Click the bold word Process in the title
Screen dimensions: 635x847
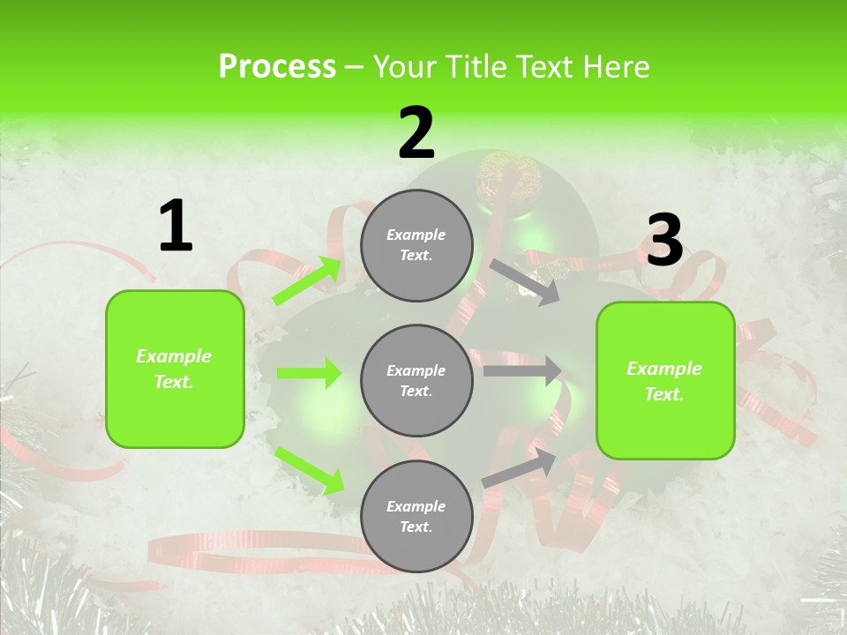click(277, 67)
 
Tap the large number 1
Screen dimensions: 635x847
click(176, 227)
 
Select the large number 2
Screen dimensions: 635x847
click(416, 133)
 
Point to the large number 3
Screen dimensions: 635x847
click(664, 240)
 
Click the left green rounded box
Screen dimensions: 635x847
click(175, 369)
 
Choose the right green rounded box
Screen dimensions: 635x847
click(665, 381)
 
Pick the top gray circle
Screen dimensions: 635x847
click(416, 245)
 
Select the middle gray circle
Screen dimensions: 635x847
click(416, 380)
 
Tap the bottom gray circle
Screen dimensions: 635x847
click(416, 516)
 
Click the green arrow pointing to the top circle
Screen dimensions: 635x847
click(308, 280)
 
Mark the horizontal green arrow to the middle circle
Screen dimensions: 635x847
click(309, 373)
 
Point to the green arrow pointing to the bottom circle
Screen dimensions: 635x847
click(309, 469)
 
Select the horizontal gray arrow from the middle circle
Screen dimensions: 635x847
click(522, 370)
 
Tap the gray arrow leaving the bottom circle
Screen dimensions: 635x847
click(520, 467)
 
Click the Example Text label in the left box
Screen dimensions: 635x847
click(174, 369)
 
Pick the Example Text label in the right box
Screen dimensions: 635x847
click(664, 381)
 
